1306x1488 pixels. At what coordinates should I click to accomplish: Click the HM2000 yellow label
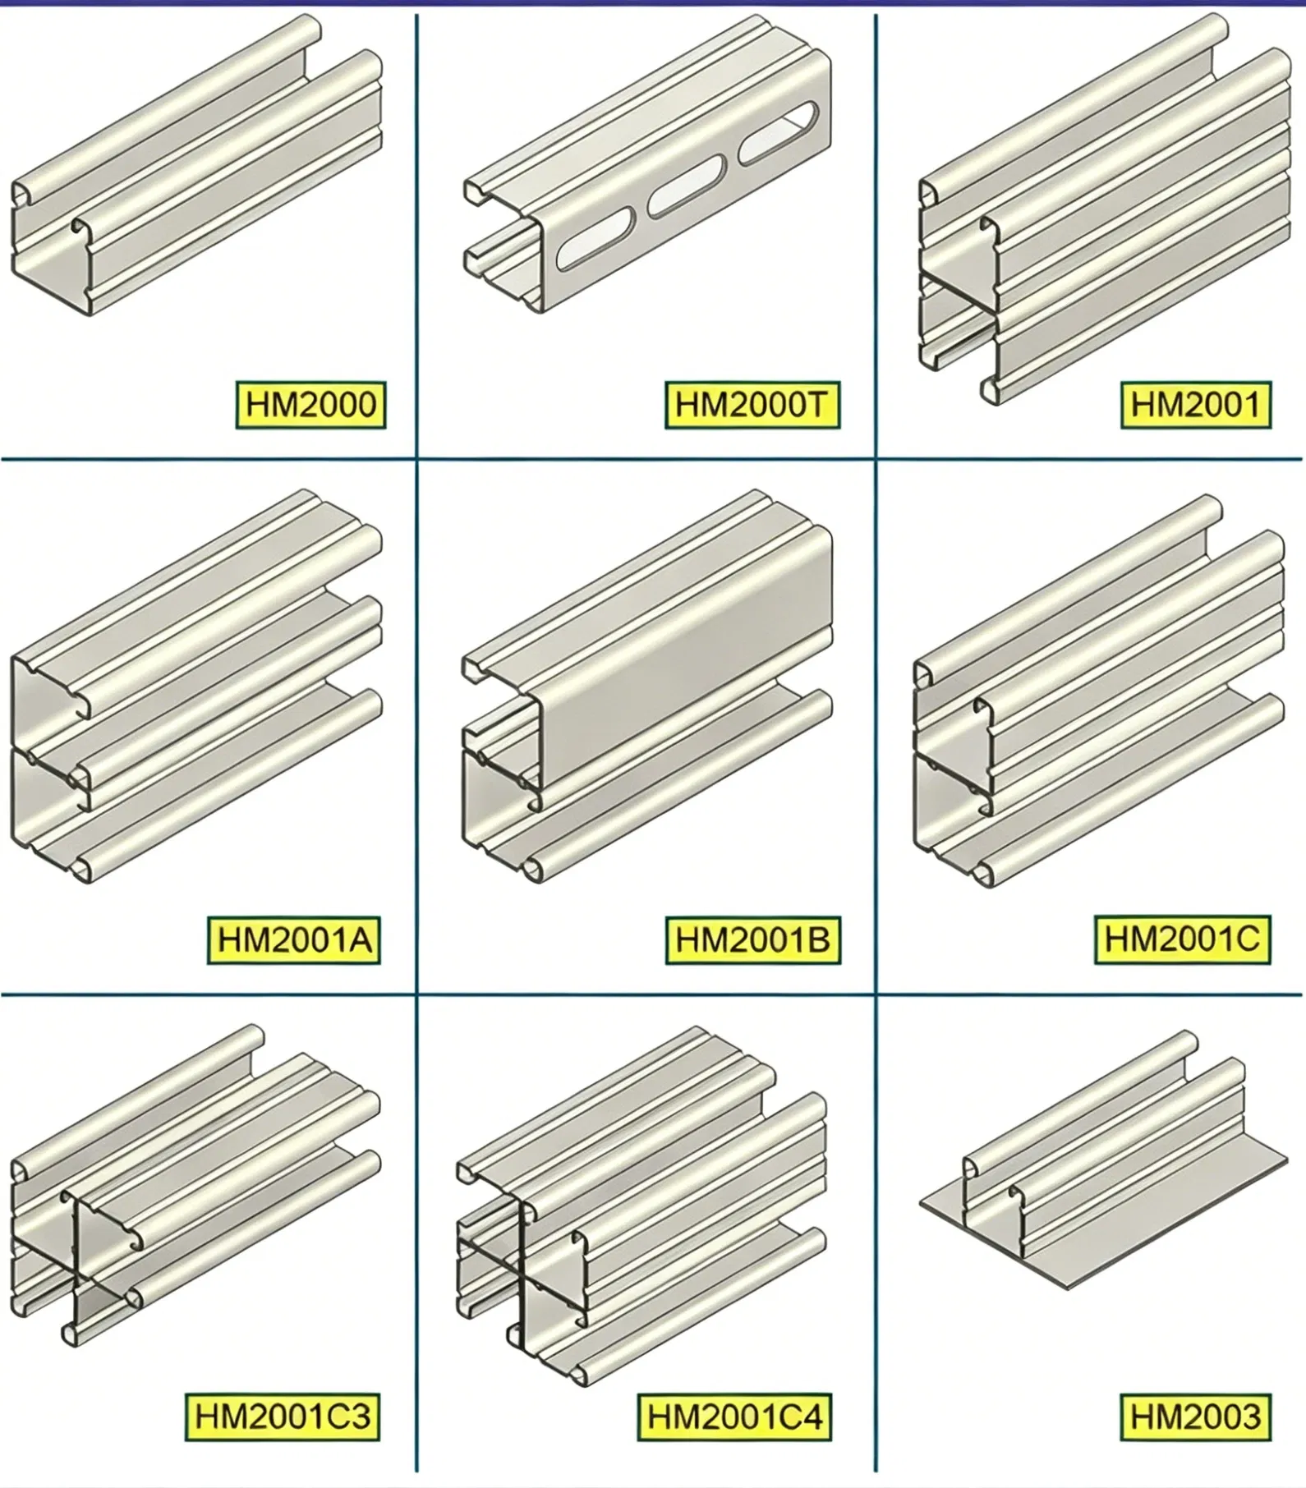coord(310,404)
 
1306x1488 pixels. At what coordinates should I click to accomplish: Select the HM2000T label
coord(752,404)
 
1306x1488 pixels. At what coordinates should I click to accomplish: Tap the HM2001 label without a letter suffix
coord(1196,404)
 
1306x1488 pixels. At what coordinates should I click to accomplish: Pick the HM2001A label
coord(294,939)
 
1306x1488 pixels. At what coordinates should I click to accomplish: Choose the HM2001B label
coord(753,939)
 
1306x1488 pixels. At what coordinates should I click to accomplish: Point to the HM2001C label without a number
coord(1183,939)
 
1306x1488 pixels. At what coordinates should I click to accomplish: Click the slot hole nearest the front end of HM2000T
coord(598,243)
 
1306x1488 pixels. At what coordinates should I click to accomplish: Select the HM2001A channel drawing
coord(197,687)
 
